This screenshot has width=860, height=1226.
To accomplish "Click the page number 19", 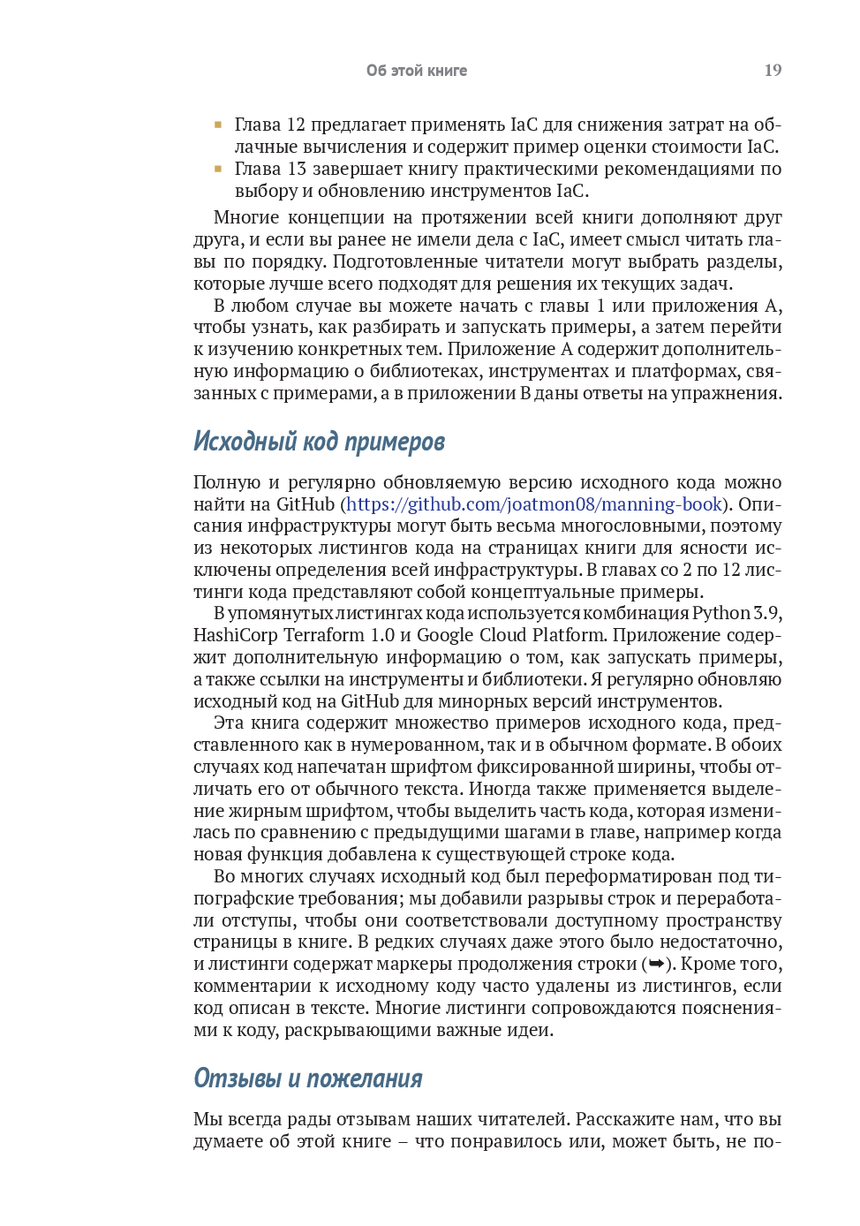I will coord(773,71).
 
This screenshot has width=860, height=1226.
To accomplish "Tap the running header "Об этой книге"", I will coord(417,71).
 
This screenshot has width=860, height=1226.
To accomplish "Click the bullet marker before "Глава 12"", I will coord(217,125).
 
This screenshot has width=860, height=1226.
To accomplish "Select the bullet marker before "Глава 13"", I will coord(217,169).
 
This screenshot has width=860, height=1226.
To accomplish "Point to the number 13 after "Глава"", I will coord(297,169).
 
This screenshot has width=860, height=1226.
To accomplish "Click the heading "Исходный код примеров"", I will coord(319,442).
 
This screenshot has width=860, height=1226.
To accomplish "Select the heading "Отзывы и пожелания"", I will coord(307,1078).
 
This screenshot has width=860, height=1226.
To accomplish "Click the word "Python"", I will coord(720,613).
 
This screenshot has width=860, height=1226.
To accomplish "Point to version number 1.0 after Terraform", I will coord(383,635).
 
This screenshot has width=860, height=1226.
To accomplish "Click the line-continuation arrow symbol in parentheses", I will coord(656,964).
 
